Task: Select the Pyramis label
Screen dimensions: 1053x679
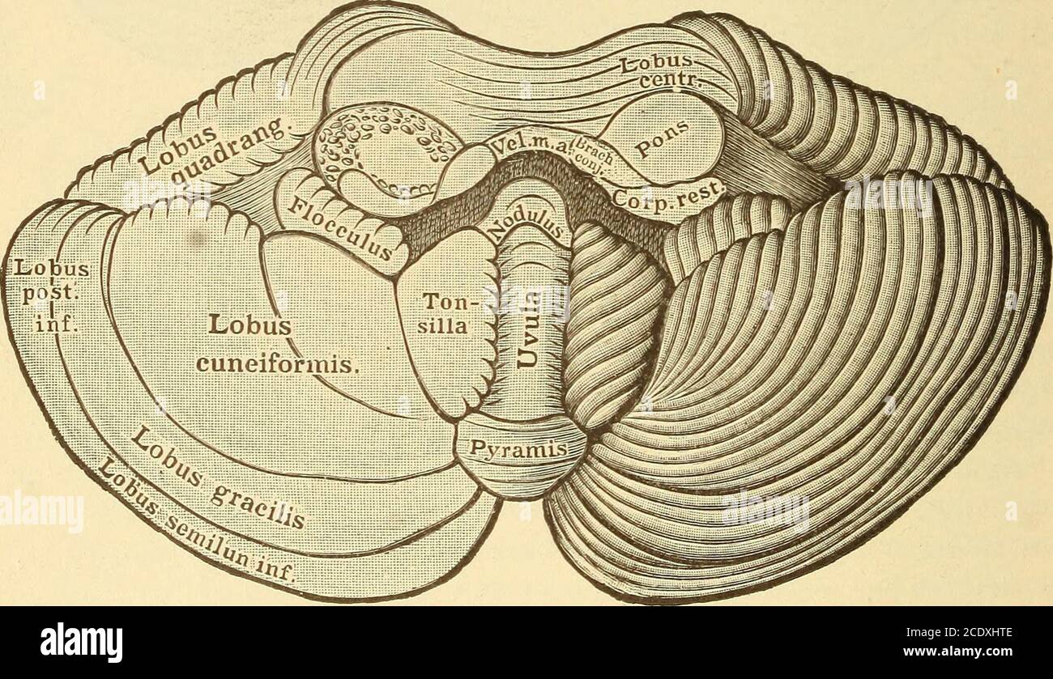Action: (520, 450)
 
